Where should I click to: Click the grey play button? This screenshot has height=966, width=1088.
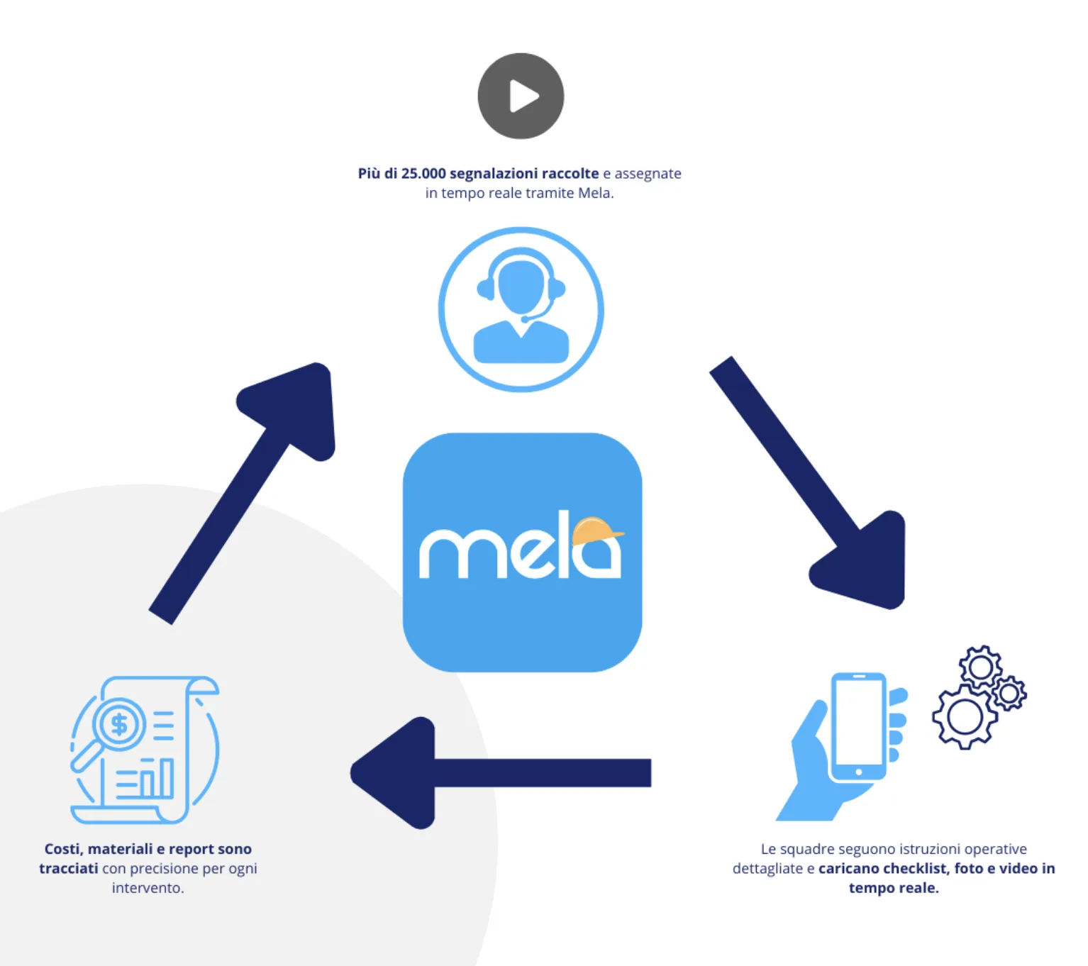pos(521,96)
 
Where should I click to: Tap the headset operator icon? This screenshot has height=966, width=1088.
pos(521,309)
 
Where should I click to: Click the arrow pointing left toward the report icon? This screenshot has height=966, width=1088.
pos(496,772)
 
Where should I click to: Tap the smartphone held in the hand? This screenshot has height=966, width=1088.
pos(858,727)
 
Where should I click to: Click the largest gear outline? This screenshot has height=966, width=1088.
pos(965,716)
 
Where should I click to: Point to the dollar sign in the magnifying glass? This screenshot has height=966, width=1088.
pos(119,724)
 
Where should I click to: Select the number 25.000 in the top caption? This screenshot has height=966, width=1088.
pos(423,174)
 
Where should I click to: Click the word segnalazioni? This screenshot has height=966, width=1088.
pos(494,174)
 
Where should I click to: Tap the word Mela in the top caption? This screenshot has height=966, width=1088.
pos(594,193)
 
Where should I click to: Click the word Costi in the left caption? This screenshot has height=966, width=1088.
pos(61,849)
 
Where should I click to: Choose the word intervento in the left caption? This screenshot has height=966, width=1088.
pos(148,888)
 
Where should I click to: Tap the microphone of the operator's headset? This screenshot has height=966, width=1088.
pos(526,319)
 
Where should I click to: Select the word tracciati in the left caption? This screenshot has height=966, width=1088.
pos(69,869)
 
